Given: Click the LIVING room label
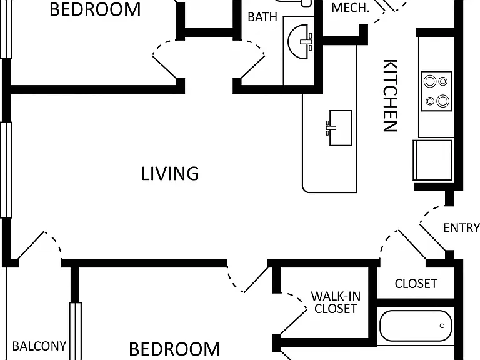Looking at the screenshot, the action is [x=170, y=174].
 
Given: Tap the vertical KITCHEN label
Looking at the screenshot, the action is [x=390, y=96].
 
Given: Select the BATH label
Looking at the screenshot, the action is [x=262, y=17].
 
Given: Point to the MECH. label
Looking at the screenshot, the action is [x=351, y=7].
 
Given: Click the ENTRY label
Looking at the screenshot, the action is [x=462, y=228].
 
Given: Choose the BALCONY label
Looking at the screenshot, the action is [x=39, y=346].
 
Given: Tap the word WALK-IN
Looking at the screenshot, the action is [x=336, y=296].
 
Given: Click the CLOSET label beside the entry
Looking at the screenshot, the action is [x=416, y=284].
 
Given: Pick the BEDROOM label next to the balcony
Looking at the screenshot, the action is [x=174, y=349].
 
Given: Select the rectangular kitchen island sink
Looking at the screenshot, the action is [x=341, y=128].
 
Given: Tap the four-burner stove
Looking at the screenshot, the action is [x=437, y=91].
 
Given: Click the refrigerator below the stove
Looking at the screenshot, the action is [x=433, y=160].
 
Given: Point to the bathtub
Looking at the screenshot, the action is [x=416, y=326].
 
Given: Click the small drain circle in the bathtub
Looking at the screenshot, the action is [x=442, y=326].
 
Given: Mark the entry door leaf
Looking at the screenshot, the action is [x=432, y=237].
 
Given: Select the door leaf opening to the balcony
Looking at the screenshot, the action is [x=31, y=246].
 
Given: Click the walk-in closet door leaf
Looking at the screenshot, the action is [x=293, y=322].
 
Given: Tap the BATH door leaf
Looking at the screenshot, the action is [x=253, y=67].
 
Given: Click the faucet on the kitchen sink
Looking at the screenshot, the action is [x=331, y=128].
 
